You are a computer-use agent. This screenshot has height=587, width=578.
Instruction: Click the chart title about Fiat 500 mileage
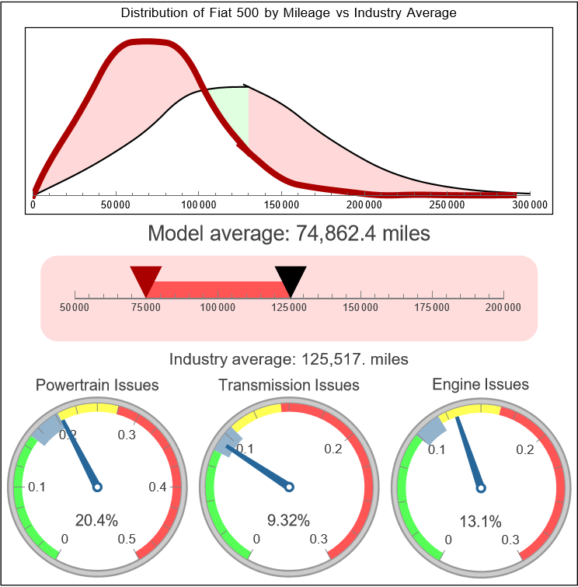click(289, 13)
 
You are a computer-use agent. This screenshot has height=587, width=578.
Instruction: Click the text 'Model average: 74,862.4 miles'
click(289, 233)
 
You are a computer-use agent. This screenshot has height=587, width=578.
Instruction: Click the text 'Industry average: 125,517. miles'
click(289, 359)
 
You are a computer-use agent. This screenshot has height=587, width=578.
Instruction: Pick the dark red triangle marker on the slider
click(145, 278)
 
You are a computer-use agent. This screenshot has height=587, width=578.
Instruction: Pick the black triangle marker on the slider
click(291, 278)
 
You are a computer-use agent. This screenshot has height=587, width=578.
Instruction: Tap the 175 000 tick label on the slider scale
click(432, 308)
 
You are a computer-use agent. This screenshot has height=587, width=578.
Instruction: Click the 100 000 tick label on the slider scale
click(218, 308)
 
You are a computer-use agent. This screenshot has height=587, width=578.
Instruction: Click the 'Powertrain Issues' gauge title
click(97, 385)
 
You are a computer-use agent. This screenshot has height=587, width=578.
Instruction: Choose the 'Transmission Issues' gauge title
click(289, 385)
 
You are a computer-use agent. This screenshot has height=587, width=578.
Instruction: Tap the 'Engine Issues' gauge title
click(480, 384)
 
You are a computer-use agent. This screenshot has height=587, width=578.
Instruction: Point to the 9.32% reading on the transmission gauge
click(288, 519)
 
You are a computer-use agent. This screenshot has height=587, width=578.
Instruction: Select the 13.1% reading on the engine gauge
click(480, 521)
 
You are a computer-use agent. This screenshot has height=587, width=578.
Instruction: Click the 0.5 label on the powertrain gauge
click(127, 539)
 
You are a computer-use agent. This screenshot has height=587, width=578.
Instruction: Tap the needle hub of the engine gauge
click(481, 487)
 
